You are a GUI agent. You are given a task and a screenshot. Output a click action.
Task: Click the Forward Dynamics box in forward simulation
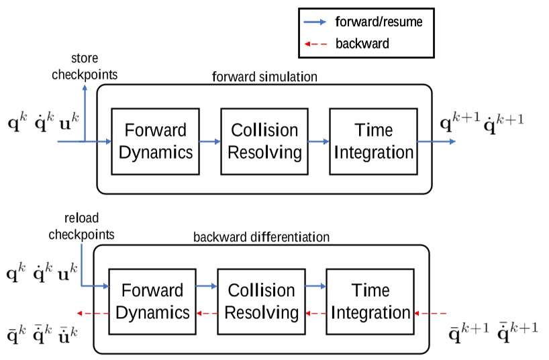156,141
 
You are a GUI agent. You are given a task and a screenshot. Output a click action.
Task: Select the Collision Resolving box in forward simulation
264,141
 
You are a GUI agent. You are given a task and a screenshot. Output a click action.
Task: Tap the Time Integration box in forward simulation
373,141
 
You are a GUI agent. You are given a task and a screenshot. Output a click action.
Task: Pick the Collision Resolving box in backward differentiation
261,301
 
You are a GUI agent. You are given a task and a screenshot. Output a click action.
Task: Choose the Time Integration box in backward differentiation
370,301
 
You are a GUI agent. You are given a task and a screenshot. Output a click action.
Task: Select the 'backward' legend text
362,44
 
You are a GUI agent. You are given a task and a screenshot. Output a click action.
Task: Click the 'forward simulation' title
264,76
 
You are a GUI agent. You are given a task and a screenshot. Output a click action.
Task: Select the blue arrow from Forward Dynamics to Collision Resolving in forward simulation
210,142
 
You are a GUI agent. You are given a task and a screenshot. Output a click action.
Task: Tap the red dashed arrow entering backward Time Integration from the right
430,314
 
